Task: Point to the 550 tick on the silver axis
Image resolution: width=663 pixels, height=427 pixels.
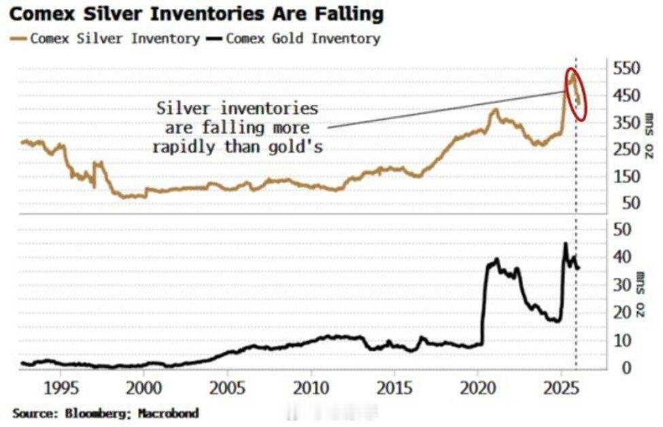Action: [x=627, y=69]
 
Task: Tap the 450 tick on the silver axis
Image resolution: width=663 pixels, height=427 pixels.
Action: [x=627, y=95]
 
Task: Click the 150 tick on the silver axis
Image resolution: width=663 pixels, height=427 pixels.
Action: [x=627, y=176]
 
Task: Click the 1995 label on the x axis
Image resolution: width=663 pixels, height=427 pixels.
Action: [x=61, y=391]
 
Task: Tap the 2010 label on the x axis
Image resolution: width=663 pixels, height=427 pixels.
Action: [x=311, y=391]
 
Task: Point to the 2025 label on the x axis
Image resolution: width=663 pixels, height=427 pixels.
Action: [x=561, y=391]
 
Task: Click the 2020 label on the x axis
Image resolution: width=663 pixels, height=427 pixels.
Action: [x=477, y=391]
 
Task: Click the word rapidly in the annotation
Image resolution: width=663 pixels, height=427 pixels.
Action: [x=183, y=146]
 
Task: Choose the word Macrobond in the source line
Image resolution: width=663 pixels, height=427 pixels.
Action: [x=169, y=413]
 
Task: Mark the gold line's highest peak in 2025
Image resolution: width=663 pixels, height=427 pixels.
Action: [x=564, y=243]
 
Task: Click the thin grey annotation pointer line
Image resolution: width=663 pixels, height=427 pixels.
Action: [x=442, y=109]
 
